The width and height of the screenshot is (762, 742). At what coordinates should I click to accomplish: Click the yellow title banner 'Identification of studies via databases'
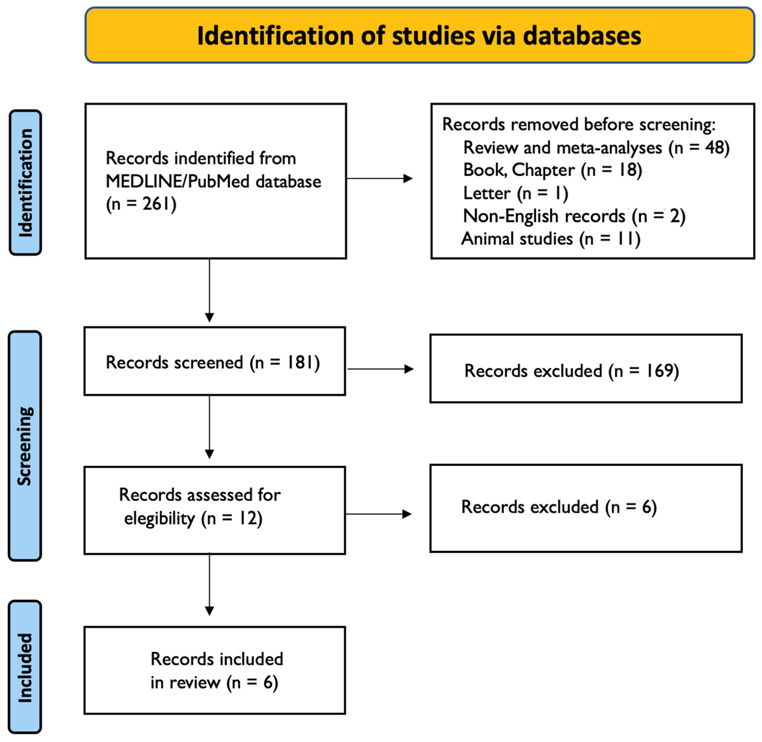pyautogui.click(x=420, y=35)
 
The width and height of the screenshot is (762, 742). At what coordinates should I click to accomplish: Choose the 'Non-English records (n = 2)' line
pyautogui.click(x=574, y=216)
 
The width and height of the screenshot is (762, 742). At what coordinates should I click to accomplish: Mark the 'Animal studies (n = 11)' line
pyautogui.click(x=551, y=239)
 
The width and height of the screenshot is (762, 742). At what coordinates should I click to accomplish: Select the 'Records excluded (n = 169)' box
pyautogui.click(x=586, y=368)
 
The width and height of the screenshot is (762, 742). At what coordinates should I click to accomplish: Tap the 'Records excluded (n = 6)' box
pyautogui.click(x=586, y=508)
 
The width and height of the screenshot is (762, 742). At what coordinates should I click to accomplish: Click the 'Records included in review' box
pyautogui.click(x=215, y=670)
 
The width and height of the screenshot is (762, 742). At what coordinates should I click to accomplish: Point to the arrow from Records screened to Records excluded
pyautogui.click(x=380, y=369)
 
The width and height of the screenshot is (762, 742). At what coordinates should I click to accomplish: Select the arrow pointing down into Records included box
pyautogui.click(x=210, y=584)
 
